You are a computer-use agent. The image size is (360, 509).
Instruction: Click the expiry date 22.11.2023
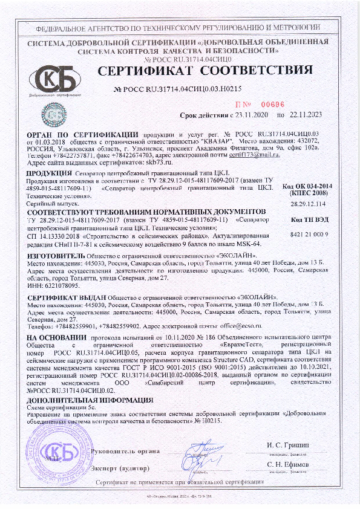click(x=304, y=114)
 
